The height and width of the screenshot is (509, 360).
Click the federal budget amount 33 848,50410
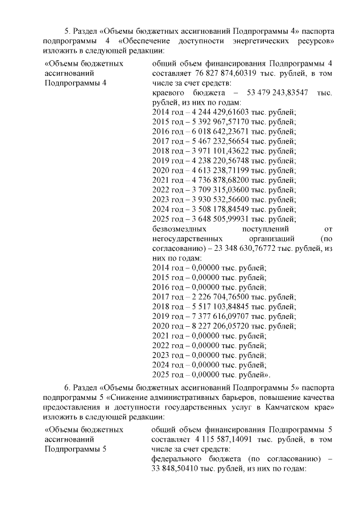coord(174,469)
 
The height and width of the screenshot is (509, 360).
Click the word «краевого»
coord(168,92)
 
